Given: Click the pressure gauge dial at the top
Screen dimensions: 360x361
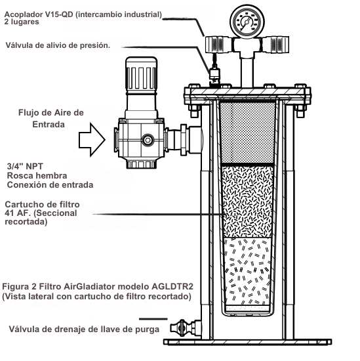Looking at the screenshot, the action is (x=247, y=22).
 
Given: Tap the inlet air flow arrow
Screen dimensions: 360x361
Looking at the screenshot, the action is (x=92, y=140).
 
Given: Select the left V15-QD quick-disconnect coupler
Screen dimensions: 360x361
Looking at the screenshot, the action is (x=218, y=45).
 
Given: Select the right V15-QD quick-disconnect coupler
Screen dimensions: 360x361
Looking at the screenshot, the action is (x=275, y=45).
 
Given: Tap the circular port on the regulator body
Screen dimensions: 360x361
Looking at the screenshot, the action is (x=148, y=140).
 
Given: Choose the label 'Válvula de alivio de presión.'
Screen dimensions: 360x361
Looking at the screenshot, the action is (x=58, y=45).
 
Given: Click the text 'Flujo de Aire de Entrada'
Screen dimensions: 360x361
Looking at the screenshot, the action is (x=51, y=119).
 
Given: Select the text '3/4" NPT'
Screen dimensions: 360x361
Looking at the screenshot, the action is (x=25, y=166).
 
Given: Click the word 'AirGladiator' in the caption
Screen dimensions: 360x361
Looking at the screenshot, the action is (x=90, y=287).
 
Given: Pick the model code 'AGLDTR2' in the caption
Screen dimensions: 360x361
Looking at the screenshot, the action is (x=172, y=287).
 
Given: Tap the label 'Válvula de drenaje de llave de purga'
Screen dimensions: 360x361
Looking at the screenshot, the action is (x=84, y=329).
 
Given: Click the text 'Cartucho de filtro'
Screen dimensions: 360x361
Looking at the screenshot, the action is (x=43, y=204).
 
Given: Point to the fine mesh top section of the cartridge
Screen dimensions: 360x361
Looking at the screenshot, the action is (x=247, y=133).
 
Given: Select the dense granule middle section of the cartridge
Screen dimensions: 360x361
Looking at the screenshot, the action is (x=247, y=202).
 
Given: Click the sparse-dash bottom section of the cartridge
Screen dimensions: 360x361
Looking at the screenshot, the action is (x=247, y=272).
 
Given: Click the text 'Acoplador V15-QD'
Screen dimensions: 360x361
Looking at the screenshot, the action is (x=39, y=14).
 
